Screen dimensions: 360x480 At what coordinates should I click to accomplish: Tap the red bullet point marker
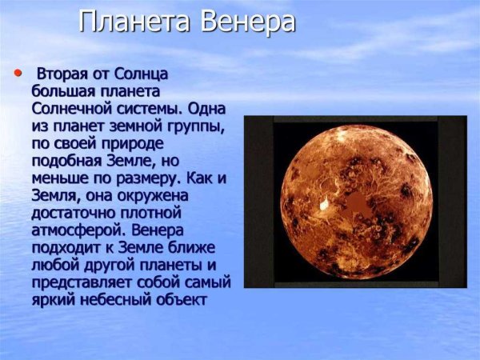click(x=18, y=73)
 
